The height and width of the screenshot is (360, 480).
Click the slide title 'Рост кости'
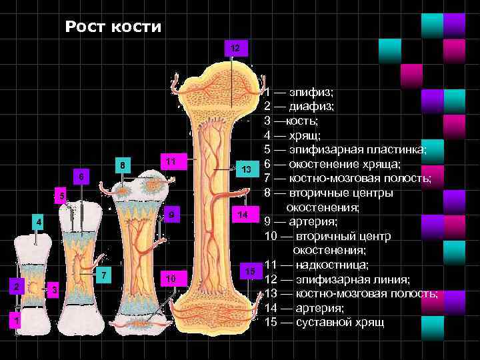click(113, 27)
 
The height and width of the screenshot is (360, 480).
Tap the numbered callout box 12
click(235, 49)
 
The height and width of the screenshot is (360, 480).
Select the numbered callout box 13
click(247, 169)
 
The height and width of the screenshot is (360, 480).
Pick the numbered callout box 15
click(250, 271)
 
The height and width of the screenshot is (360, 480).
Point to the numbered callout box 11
click(171, 162)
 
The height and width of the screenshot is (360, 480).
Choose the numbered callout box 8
click(121, 165)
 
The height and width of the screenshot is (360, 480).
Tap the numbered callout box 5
click(59, 197)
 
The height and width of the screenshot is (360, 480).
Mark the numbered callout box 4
click(39, 221)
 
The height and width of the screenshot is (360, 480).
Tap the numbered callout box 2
click(16, 287)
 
